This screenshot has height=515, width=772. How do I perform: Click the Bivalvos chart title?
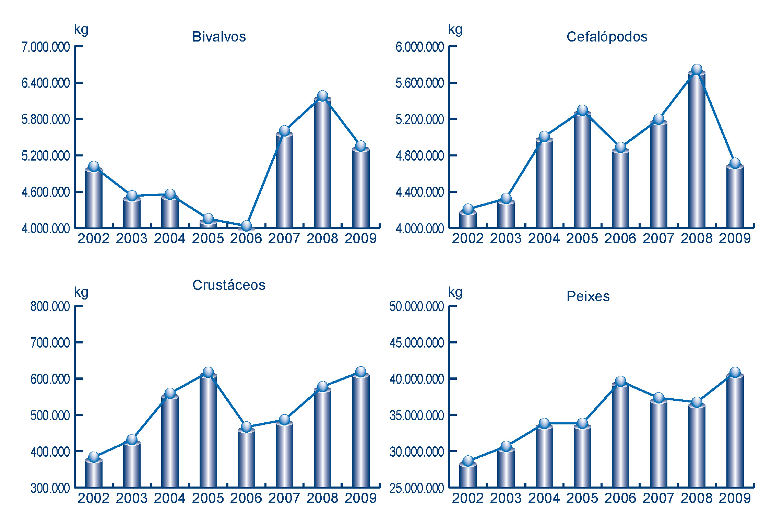click(219, 37)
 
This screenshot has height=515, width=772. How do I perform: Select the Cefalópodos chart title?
click(607, 37)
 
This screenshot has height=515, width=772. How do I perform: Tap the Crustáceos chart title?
click(229, 285)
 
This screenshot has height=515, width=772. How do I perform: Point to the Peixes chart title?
click(588, 296)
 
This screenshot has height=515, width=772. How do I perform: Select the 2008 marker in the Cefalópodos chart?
click(697, 70)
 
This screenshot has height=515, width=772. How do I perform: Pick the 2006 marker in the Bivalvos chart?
click(246, 225)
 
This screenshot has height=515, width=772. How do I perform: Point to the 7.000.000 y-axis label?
click(46, 47)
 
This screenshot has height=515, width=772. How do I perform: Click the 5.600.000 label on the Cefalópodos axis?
click(419, 83)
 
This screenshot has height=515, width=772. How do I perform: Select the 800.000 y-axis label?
click(50, 306)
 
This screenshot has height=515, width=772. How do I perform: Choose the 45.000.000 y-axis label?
click(416, 342)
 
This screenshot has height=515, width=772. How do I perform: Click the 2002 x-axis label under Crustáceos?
click(93, 498)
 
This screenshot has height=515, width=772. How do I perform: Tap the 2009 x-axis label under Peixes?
click(735, 498)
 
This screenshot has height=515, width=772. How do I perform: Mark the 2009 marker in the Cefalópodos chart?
click(735, 163)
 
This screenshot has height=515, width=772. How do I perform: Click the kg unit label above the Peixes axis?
click(455, 293)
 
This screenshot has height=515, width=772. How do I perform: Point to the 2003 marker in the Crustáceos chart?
click(132, 439)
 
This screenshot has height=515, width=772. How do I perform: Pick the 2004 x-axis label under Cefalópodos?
click(544, 238)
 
